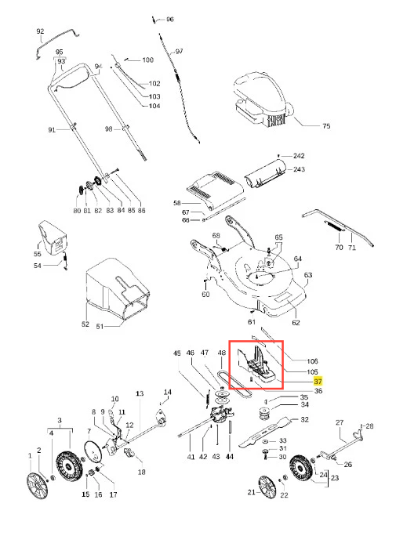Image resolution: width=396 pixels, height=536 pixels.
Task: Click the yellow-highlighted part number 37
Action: (318, 381)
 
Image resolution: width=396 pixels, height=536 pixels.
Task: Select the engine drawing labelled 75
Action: (263, 100)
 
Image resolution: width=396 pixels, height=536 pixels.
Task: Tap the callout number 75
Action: (326, 126)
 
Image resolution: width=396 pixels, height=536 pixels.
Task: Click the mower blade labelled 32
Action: (266, 431)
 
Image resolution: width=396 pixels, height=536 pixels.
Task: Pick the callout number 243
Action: (299, 169)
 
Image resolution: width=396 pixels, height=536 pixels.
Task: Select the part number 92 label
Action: (40, 31)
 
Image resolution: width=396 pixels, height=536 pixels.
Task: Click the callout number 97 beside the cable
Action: (180, 51)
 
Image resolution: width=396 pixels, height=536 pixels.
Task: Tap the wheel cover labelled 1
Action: (38, 485)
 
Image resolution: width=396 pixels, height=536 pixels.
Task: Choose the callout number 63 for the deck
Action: (307, 275)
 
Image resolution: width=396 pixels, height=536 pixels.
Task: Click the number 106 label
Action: (312, 361)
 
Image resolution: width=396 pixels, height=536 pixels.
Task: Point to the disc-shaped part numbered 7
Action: (93, 451)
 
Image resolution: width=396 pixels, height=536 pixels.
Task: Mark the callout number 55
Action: (38, 254)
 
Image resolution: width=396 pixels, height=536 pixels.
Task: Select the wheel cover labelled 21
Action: (267, 487)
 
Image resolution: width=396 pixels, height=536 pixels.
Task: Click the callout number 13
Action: (140, 393)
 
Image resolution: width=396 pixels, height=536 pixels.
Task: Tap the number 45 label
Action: (176, 353)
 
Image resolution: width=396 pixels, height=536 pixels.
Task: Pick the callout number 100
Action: (147, 60)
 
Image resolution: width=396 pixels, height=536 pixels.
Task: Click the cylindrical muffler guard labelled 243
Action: (266, 172)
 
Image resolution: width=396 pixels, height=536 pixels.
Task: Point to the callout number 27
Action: (340, 422)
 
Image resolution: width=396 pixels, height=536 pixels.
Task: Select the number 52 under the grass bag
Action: (85, 324)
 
